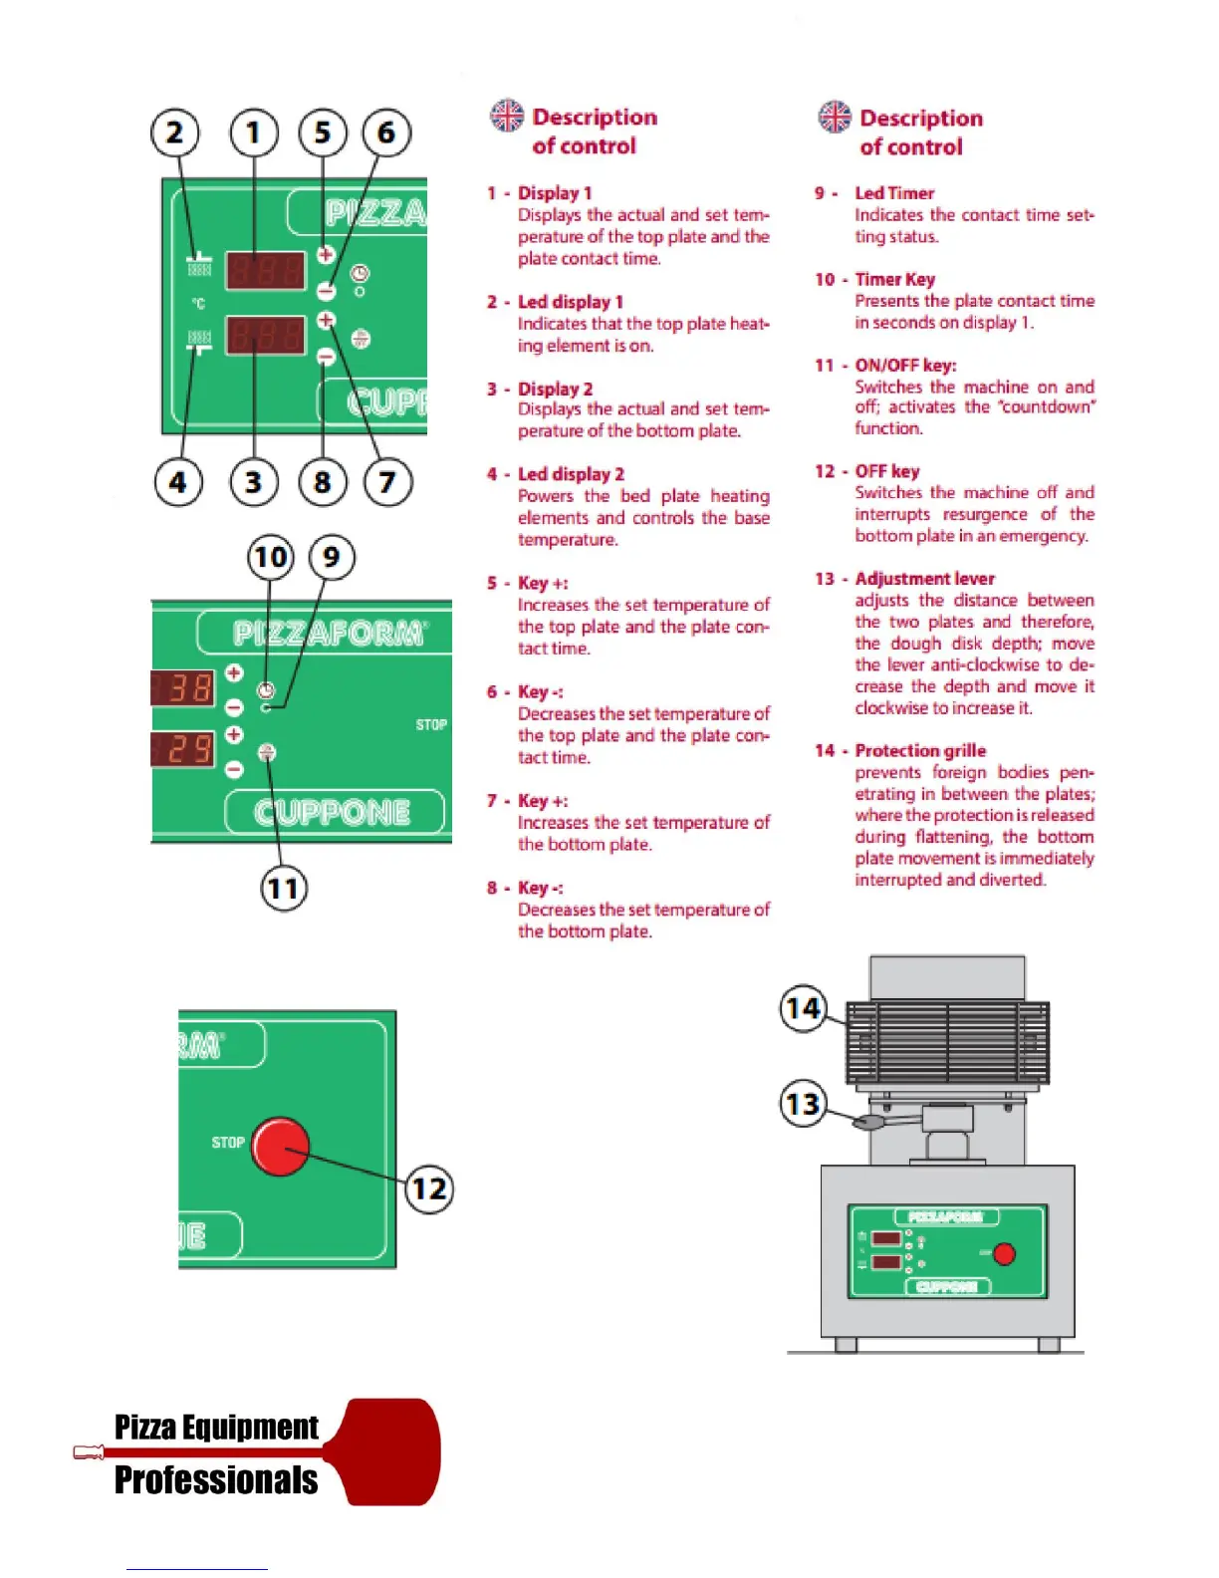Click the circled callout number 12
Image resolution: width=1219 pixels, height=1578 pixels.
pos(429,1188)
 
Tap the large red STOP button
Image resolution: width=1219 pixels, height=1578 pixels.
pos(280,1146)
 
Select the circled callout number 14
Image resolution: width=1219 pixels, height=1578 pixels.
pos(803,1008)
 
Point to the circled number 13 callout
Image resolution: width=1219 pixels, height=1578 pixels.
pos(803,1104)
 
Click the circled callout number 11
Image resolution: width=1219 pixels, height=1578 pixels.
pos(284,888)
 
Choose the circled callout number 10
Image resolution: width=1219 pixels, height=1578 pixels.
pos(271,557)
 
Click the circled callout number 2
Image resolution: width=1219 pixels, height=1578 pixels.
pos(175,132)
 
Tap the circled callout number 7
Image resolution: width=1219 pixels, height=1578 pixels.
pos(386,483)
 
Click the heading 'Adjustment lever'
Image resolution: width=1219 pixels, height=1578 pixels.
pos(924,579)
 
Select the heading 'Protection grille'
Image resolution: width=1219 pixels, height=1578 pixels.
pos(920,751)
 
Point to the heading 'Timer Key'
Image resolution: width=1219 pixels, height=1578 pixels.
pos(894,280)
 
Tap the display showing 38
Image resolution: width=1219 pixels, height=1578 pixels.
pos(183,687)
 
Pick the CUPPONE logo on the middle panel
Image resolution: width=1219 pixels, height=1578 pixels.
pos(333,813)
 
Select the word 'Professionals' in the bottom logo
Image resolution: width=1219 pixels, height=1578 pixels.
pos(216,1480)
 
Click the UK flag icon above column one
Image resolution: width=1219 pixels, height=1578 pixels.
pos(507,116)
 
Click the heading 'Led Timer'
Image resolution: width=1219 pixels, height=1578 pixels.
pos(894,193)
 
